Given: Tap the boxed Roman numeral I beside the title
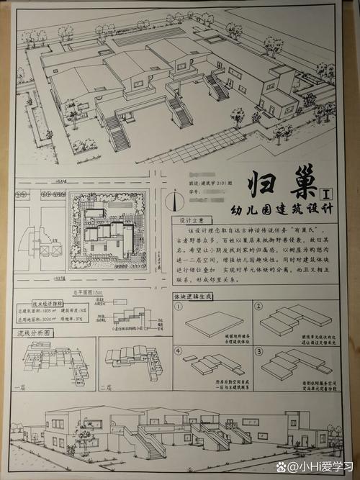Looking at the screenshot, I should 328,193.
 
